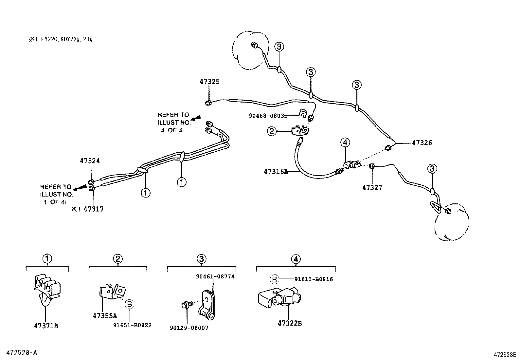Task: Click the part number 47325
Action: pos(209,82)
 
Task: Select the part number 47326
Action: pos(422,143)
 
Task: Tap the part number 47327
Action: pos(372,188)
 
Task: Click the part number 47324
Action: pos(90,161)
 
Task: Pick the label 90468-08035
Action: pos(268,116)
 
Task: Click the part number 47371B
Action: pos(46,326)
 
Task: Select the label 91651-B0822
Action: pos(132,325)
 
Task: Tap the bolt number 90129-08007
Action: pos(189,328)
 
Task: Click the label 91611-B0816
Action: pos(314,279)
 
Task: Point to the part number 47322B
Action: pos(290,323)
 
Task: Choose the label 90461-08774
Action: pos(215,276)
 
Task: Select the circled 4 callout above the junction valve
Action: pos(345,142)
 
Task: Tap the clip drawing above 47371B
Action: pos(46,288)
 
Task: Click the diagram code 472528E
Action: pos(505,354)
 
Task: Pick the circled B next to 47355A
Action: pos(129,304)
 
